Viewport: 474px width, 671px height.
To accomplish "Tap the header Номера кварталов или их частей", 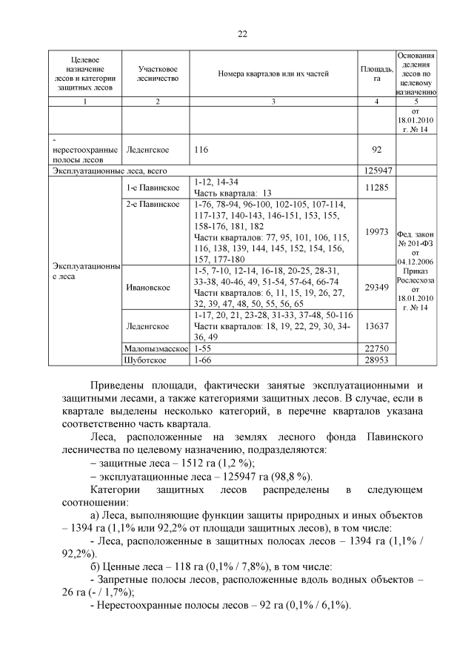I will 273,73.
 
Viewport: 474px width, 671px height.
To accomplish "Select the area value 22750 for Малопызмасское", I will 377,348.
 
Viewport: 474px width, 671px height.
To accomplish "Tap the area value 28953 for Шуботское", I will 377,360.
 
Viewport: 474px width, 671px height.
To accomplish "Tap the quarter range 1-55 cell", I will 202,348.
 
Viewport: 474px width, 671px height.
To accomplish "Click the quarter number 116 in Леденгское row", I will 201,149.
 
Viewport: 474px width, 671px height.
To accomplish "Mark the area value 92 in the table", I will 377,149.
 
